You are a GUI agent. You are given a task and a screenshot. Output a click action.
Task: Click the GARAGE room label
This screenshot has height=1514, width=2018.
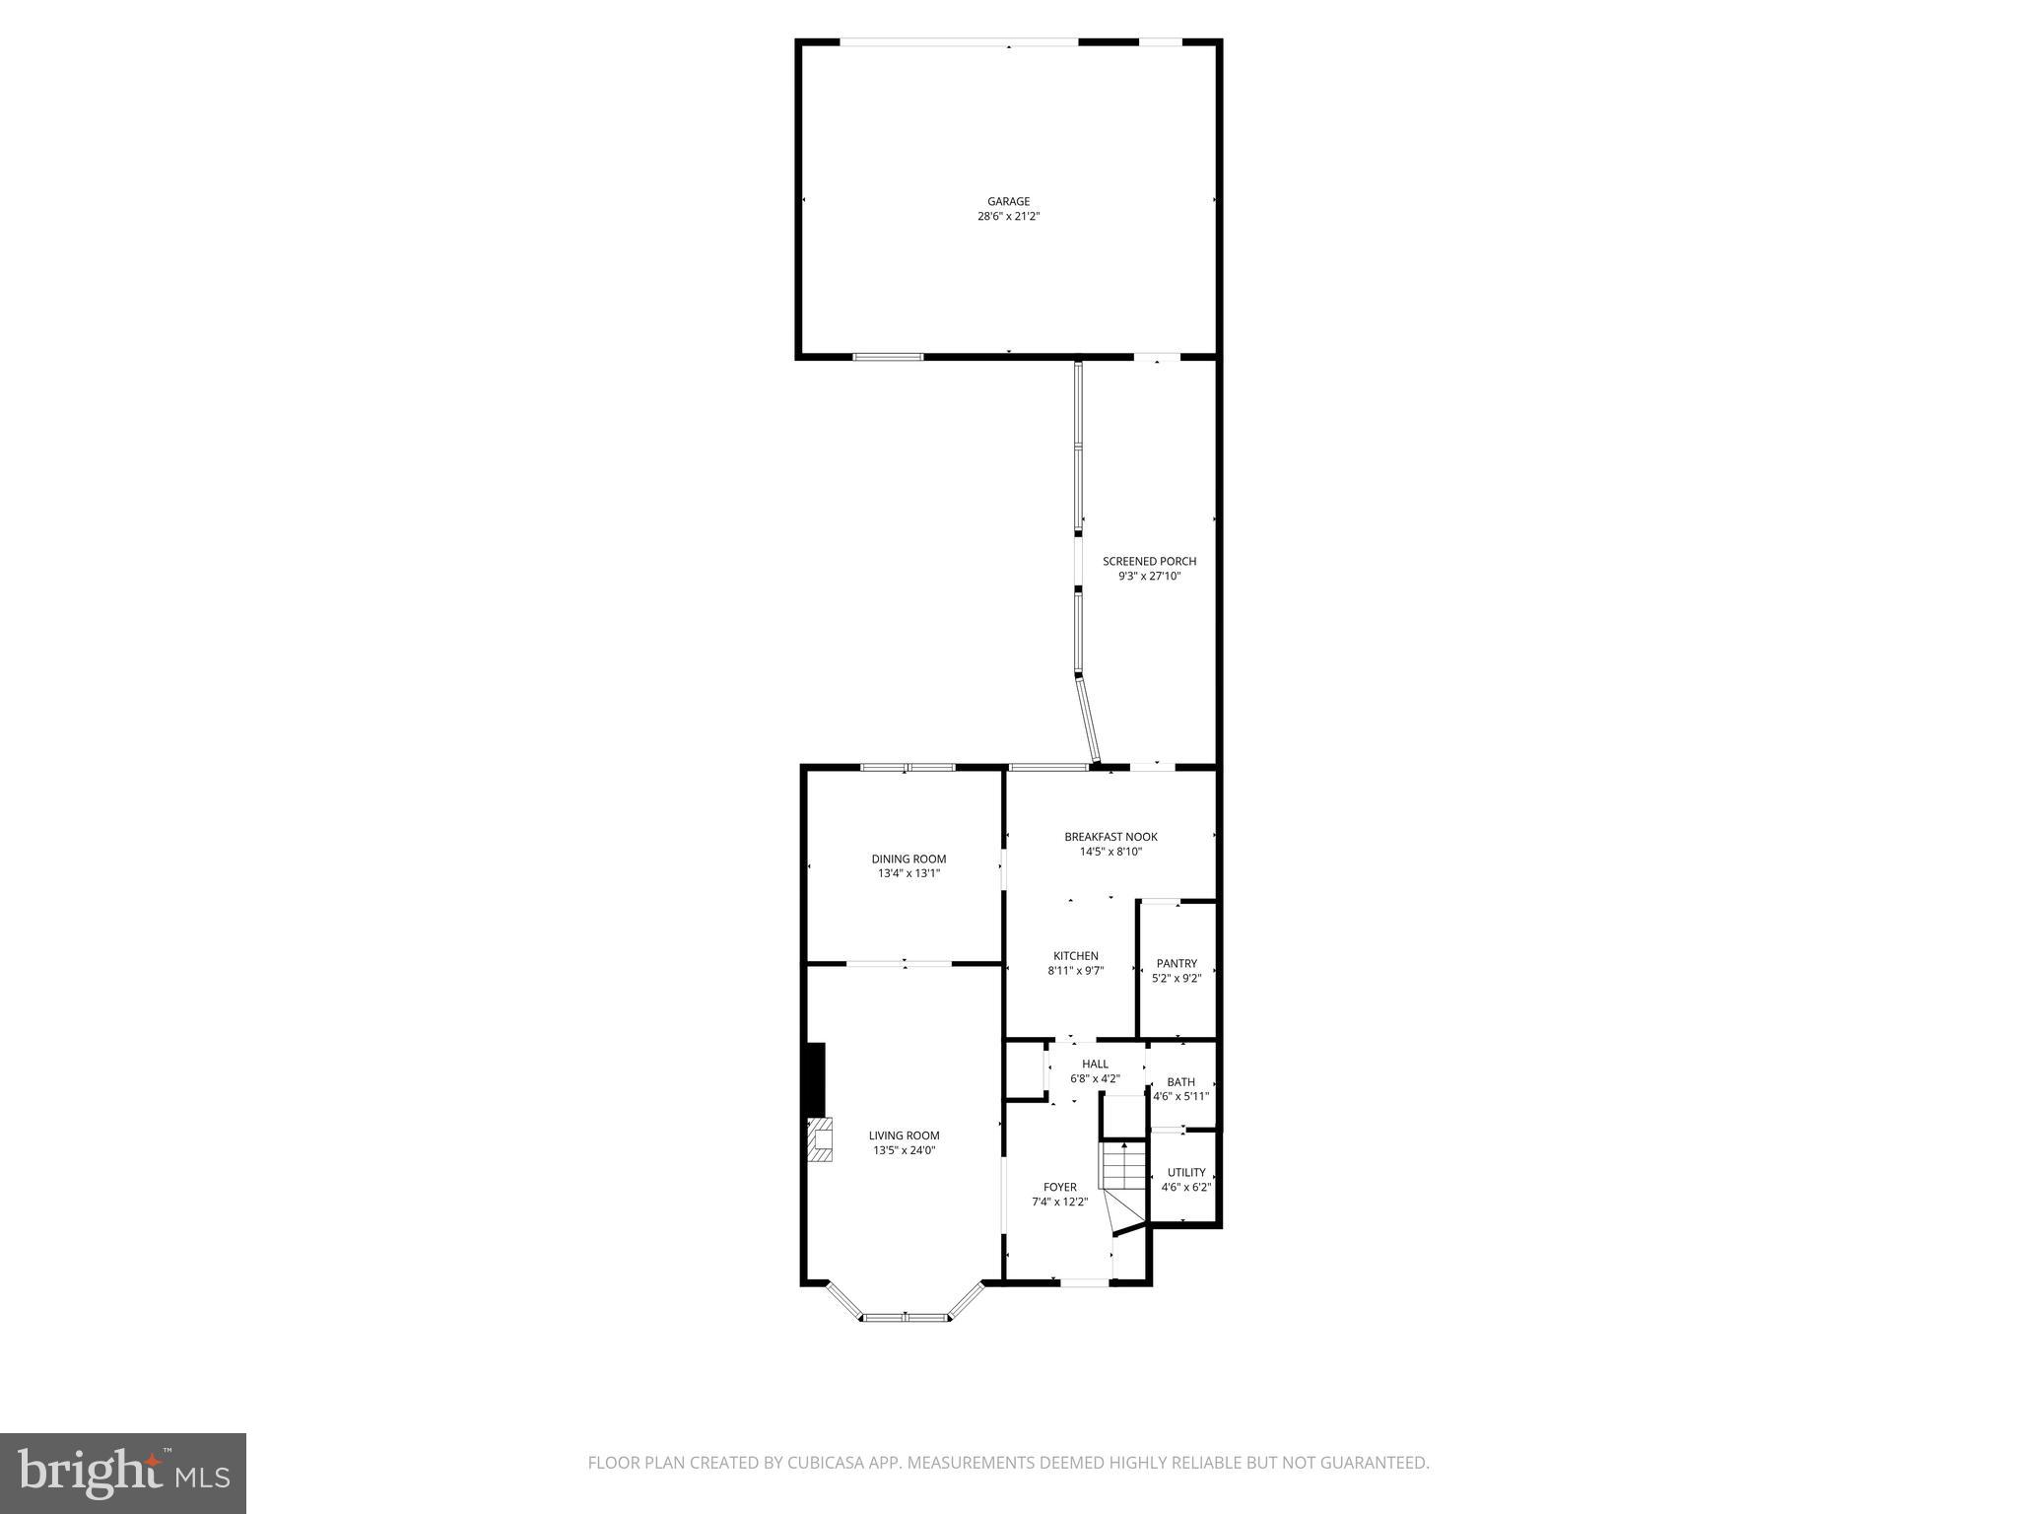[1008, 201]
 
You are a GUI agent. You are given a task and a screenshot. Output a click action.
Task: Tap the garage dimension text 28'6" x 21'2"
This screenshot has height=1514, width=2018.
[1008, 216]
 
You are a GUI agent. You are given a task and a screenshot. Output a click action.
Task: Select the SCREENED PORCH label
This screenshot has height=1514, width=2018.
[1149, 561]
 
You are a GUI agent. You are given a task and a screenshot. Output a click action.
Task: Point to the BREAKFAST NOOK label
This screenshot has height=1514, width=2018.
[1110, 837]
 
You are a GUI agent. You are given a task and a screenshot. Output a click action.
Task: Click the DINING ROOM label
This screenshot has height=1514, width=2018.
[908, 859]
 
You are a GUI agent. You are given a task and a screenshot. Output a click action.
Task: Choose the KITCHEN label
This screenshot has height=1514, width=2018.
[1075, 955]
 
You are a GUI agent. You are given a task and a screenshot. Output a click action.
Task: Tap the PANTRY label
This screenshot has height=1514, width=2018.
[1177, 963]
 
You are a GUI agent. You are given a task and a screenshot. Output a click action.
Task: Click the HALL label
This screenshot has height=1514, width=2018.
[1095, 1064]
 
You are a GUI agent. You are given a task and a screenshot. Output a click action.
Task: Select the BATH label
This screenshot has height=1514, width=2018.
[1180, 1081]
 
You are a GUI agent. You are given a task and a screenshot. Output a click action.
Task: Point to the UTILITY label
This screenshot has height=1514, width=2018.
[1186, 1172]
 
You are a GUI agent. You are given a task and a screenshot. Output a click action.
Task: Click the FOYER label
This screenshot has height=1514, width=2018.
[1060, 1187]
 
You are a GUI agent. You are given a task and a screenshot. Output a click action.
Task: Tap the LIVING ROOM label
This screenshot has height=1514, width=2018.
[904, 1135]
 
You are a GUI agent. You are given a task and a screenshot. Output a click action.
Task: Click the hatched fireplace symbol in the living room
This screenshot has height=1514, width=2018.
[820, 1141]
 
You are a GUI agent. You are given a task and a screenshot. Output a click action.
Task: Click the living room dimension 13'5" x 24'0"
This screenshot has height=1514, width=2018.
[904, 1150]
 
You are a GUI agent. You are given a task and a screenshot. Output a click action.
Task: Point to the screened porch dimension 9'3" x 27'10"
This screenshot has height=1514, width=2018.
[1149, 576]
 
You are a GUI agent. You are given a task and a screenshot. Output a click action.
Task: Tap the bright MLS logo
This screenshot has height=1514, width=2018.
[123, 1475]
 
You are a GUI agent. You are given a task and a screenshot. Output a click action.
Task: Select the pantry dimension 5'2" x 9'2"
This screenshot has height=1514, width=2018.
[1177, 979]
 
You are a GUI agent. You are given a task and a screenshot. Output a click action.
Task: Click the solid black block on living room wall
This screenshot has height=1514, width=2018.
[816, 1078]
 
